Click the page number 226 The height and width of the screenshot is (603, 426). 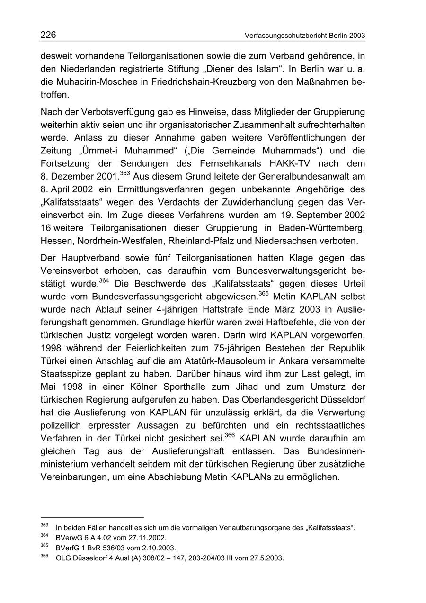[x=48, y=35]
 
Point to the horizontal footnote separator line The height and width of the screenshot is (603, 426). [x=92, y=518]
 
